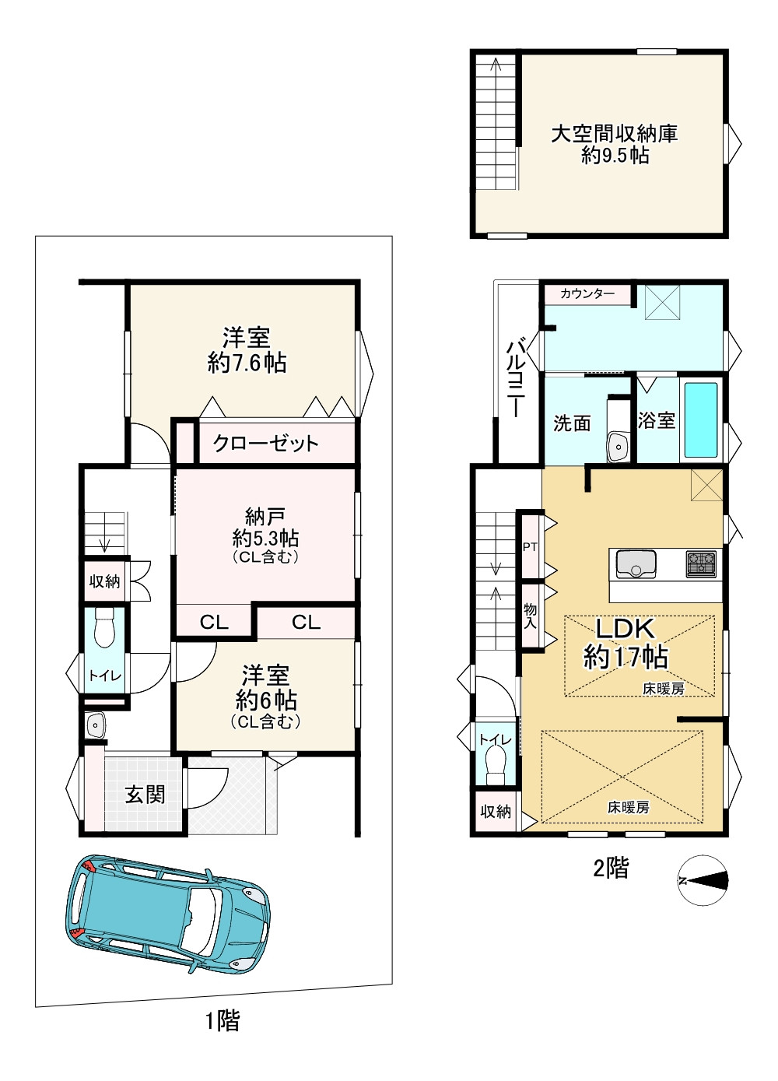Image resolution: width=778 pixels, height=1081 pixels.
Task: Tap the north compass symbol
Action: pos(703,879)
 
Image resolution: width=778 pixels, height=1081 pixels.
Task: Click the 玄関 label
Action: pos(145,795)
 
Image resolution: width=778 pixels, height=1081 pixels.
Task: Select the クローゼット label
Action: pos(266,443)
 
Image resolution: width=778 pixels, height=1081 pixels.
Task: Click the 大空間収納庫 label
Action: pos(614,134)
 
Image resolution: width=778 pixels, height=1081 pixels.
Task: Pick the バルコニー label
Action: pos(515,380)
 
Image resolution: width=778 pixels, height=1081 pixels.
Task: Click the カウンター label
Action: pos(587,293)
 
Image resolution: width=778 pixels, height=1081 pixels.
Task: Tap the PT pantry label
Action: pos(530,547)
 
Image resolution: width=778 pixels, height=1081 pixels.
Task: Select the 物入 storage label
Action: pos(530,616)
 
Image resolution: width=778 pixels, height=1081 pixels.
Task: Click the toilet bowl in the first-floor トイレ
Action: pos(103,626)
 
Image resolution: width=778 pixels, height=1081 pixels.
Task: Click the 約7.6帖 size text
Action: pos(247,363)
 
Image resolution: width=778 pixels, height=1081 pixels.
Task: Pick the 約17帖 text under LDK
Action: pos(626,656)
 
